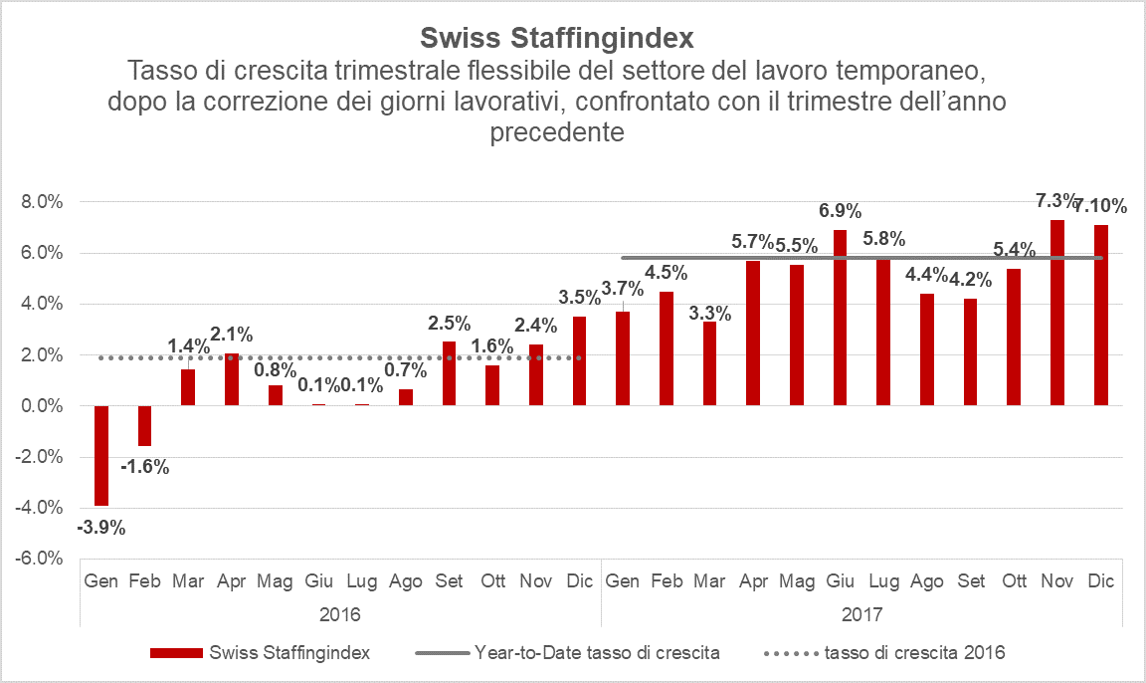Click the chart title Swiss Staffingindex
pos(557,39)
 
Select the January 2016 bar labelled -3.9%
pos(100,456)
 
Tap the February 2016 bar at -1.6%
pos(144,426)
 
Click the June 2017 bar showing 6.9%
pos(840,318)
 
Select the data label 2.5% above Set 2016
pos(450,324)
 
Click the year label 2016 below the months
pos(340,613)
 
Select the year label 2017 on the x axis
pos(862,613)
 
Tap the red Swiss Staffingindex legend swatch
pos(176,653)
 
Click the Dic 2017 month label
pos(1100,580)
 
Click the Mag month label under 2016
pos(276,580)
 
